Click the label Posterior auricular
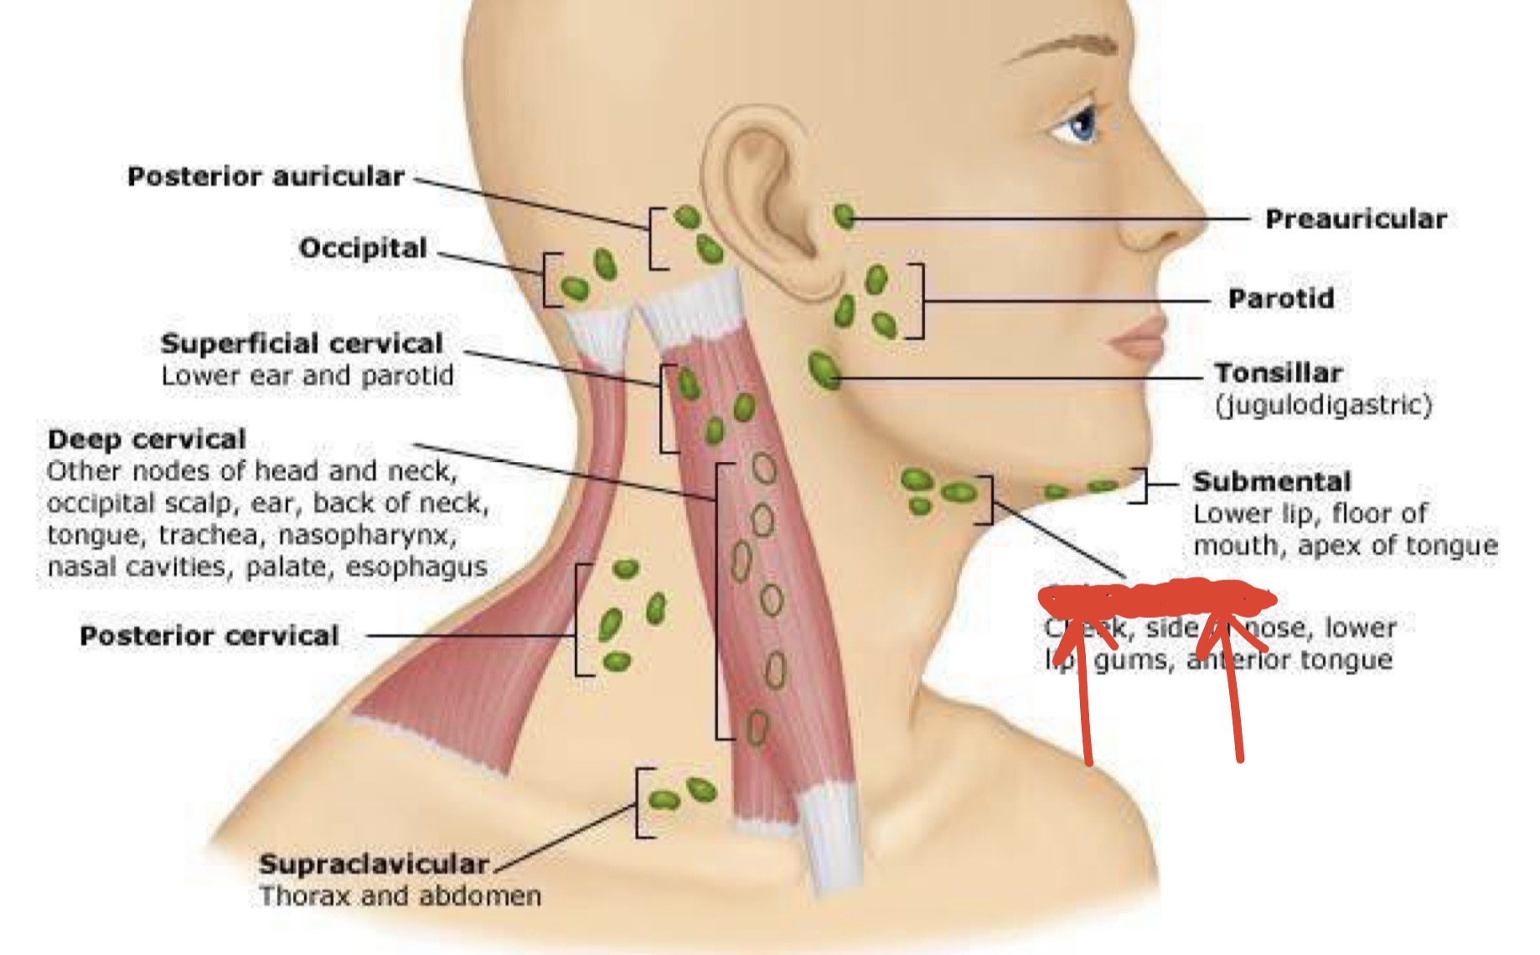[266, 177]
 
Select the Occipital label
[363, 248]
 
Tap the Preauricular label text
[1356, 220]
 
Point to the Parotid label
[1280, 298]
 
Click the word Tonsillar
[1279, 372]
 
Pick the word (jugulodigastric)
[1323, 405]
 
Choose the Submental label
[1272, 481]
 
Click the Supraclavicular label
[374, 864]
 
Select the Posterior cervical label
[209, 636]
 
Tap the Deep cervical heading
[147, 439]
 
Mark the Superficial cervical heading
[302, 344]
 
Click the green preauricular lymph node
[844, 217]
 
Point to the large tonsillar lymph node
[824, 370]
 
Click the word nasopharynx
[367, 535]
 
